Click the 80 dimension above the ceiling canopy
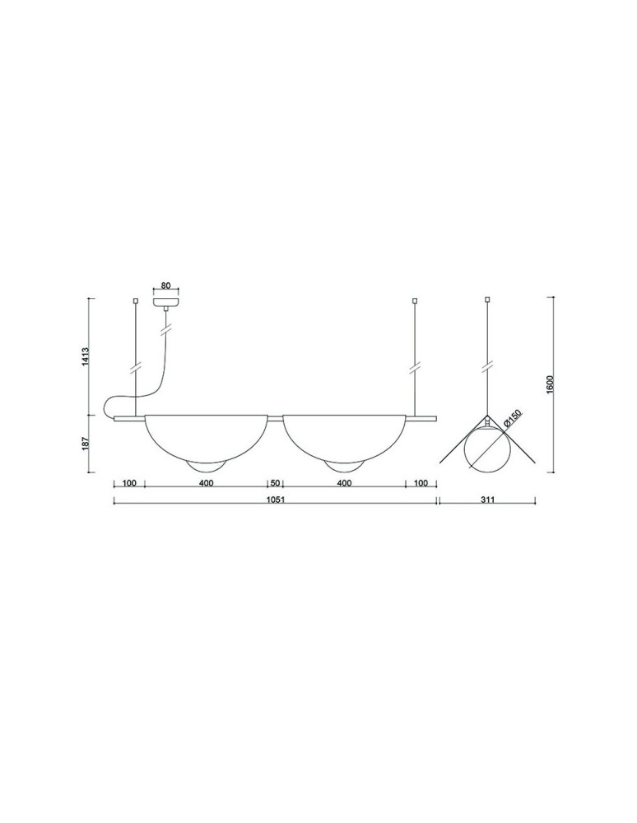click(165, 286)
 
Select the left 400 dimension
click(206, 483)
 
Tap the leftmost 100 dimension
click(128, 483)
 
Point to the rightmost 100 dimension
click(421, 483)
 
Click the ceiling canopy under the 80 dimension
click(166, 300)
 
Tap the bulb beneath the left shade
click(206, 467)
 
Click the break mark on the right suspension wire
click(415, 363)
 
